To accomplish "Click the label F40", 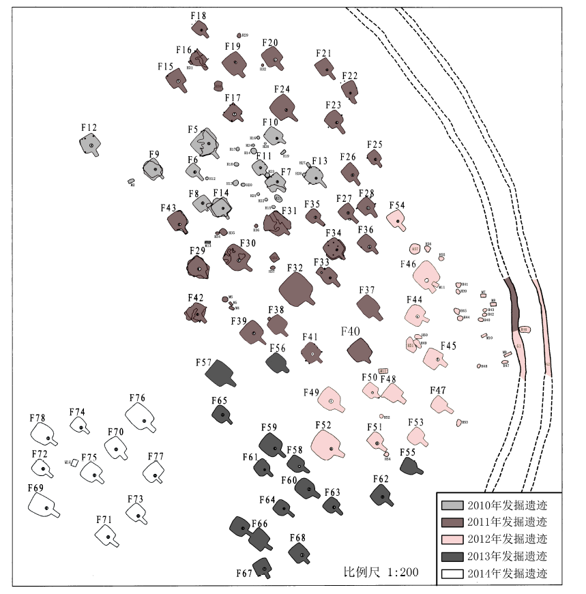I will pos(350,331).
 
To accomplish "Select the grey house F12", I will pos(91,144).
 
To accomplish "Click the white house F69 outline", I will pos(43,505).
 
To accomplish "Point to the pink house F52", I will pos(329,444).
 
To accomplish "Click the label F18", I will pos(199,16).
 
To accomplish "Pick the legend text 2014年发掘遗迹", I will pos(508,573).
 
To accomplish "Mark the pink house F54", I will pos(396,220).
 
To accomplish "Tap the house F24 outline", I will pos(282,107).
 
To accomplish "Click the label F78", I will pos(38,417).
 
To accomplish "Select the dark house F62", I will pos(380,494).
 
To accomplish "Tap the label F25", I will pos(375,144).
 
